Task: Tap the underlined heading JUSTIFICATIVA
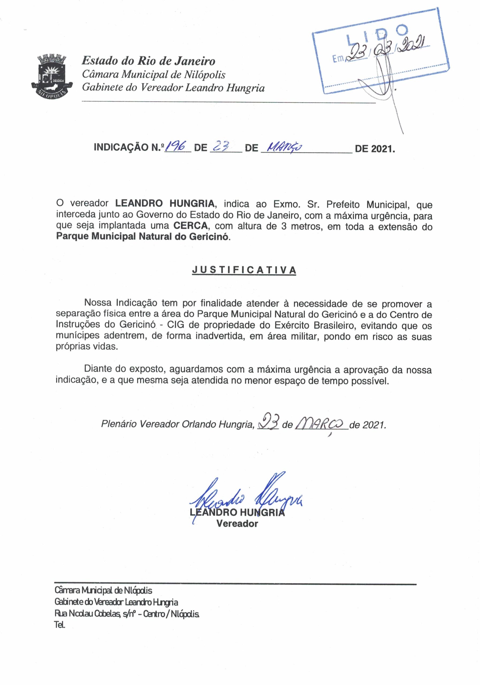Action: tap(244, 270)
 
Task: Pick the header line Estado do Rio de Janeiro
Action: tap(148, 61)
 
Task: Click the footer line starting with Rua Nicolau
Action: tap(127, 614)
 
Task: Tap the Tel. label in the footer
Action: tap(60, 625)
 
